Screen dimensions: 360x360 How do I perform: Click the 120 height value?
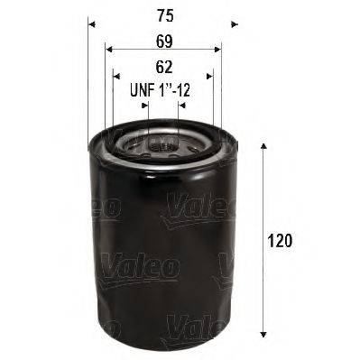pos(282,242)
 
